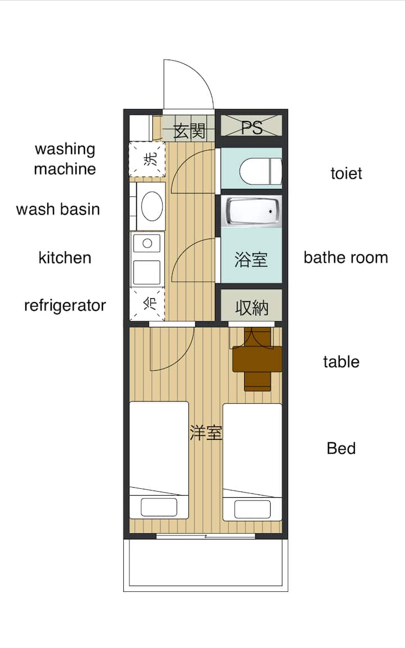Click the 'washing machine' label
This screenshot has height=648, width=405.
pyautogui.click(x=65, y=159)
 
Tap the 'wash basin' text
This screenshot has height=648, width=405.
pyautogui.click(x=58, y=209)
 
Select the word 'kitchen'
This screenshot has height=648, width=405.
pyautogui.click(x=65, y=258)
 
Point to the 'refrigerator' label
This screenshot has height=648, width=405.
pyautogui.click(x=65, y=305)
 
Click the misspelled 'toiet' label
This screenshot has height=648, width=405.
pyautogui.click(x=346, y=173)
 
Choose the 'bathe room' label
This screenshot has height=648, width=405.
pyautogui.click(x=346, y=258)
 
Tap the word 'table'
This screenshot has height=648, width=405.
pyautogui.click(x=341, y=362)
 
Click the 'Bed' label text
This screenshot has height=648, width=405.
pyautogui.click(x=341, y=448)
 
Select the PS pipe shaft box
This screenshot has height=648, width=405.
pyautogui.click(x=251, y=125)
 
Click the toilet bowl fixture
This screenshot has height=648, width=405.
pyautogui.click(x=260, y=172)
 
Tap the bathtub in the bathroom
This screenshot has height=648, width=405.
pyautogui.click(x=251, y=211)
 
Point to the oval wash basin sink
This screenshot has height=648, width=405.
pyautogui.click(x=152, y=206)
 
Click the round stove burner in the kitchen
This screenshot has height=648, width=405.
pyautogui.click(x=147, y=244)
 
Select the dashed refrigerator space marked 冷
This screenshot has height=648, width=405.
pyautogui.click(x=147, y=304)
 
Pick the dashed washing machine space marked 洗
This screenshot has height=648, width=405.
pyautogui.click(x=147, y=159)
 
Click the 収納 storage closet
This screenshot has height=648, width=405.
pyautogui.click(x=251, y=305)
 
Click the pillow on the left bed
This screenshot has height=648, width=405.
pyautogui.click(x=159, y=507)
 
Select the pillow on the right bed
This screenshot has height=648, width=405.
pyautogui.click(x=252, y=508)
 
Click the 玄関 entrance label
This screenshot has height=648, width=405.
pyautogui.click(x=189, y=131)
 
